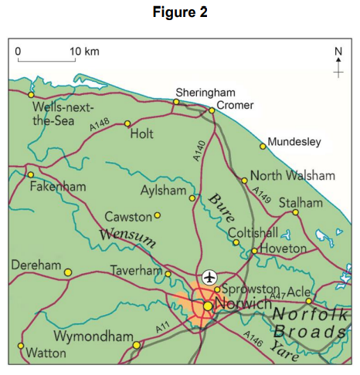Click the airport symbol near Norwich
click(209, 276)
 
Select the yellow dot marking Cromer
click(212, 110)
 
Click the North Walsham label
click(293, 174)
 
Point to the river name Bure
click(221, 206)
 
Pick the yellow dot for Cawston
click(158, 216)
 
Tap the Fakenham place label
click(58, 187)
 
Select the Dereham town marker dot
click(67, 272)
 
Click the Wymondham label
click(91, 336)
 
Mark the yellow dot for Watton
click(20, 346)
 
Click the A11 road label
click(161, 328)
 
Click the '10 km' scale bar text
click(84, 51)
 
